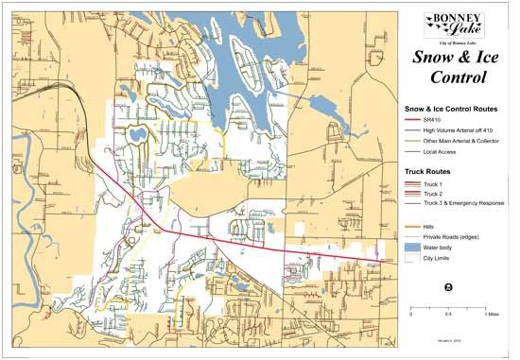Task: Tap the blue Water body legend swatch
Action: coord(413,247)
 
